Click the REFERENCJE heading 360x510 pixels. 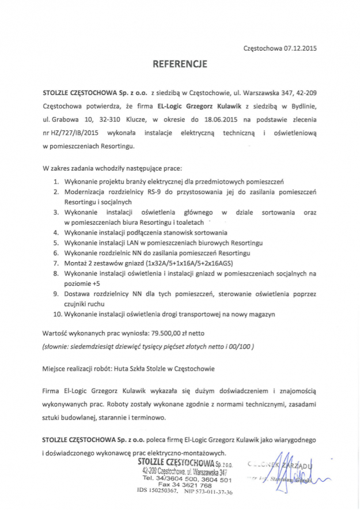(x=179, y=65)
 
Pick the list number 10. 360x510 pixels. (x=57, y=314)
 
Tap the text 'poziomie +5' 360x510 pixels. (x=82, y=284)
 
